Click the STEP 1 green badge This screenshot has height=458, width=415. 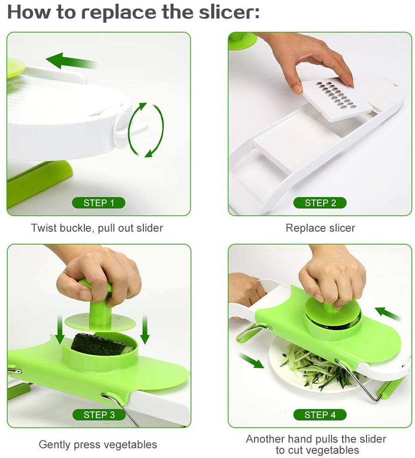pyautogui.click(x=99, y=203)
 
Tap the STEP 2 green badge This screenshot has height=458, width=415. pyautogui.click(x=320, y=203)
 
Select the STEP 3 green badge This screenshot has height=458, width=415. pyautogui.click(x=99, y=415)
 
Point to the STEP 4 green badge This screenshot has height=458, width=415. pyautogui.click(x=320, y=415)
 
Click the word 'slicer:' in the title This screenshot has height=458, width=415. pyautogui.click(x=230, y=12)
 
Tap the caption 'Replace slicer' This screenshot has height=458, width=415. pyautogui.click(x=320, y=228)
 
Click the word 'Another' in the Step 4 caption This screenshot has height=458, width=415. pyautogui.click(x=265, y=439)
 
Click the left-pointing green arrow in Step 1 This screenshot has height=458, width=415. pyautogui.click(x=71, y=61)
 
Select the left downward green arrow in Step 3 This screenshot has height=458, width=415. pyautogui.click(x=60, y=329)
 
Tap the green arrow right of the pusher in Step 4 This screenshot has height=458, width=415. pyautogui.click(x=387, y=314)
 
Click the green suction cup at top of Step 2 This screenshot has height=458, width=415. pyautogui.click(x=243, y=41)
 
